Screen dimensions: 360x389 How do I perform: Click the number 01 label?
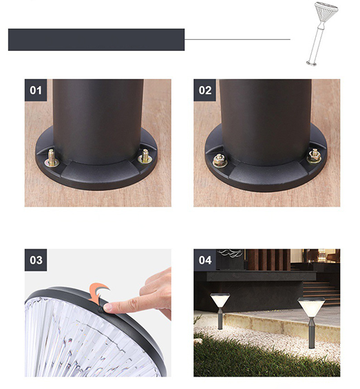tap(36, 90)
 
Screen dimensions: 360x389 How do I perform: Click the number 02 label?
tap(205, 90)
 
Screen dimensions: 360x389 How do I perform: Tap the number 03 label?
tap(36, 260)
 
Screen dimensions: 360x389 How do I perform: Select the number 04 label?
tap(205, 260)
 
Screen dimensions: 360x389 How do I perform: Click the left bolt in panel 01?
tap(52, 158)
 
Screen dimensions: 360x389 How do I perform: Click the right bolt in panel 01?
tap(145, 156)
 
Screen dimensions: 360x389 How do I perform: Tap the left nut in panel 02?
tap(220, 160)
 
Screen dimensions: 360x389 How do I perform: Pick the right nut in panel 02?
tap(315, 156)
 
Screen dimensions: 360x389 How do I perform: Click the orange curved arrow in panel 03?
tap(98, 293)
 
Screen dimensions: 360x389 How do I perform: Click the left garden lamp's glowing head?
tap(220, 300)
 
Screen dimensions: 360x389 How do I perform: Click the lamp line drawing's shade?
tap(326, 12)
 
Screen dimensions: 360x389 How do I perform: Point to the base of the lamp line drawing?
tap(312, 63)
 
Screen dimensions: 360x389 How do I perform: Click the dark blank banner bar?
tap(96, 40)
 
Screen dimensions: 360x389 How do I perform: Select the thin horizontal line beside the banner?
tap(237, 39)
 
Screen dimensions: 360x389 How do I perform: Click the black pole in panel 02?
tap(266, 122)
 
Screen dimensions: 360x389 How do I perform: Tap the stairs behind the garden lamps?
tap(321, 293)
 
